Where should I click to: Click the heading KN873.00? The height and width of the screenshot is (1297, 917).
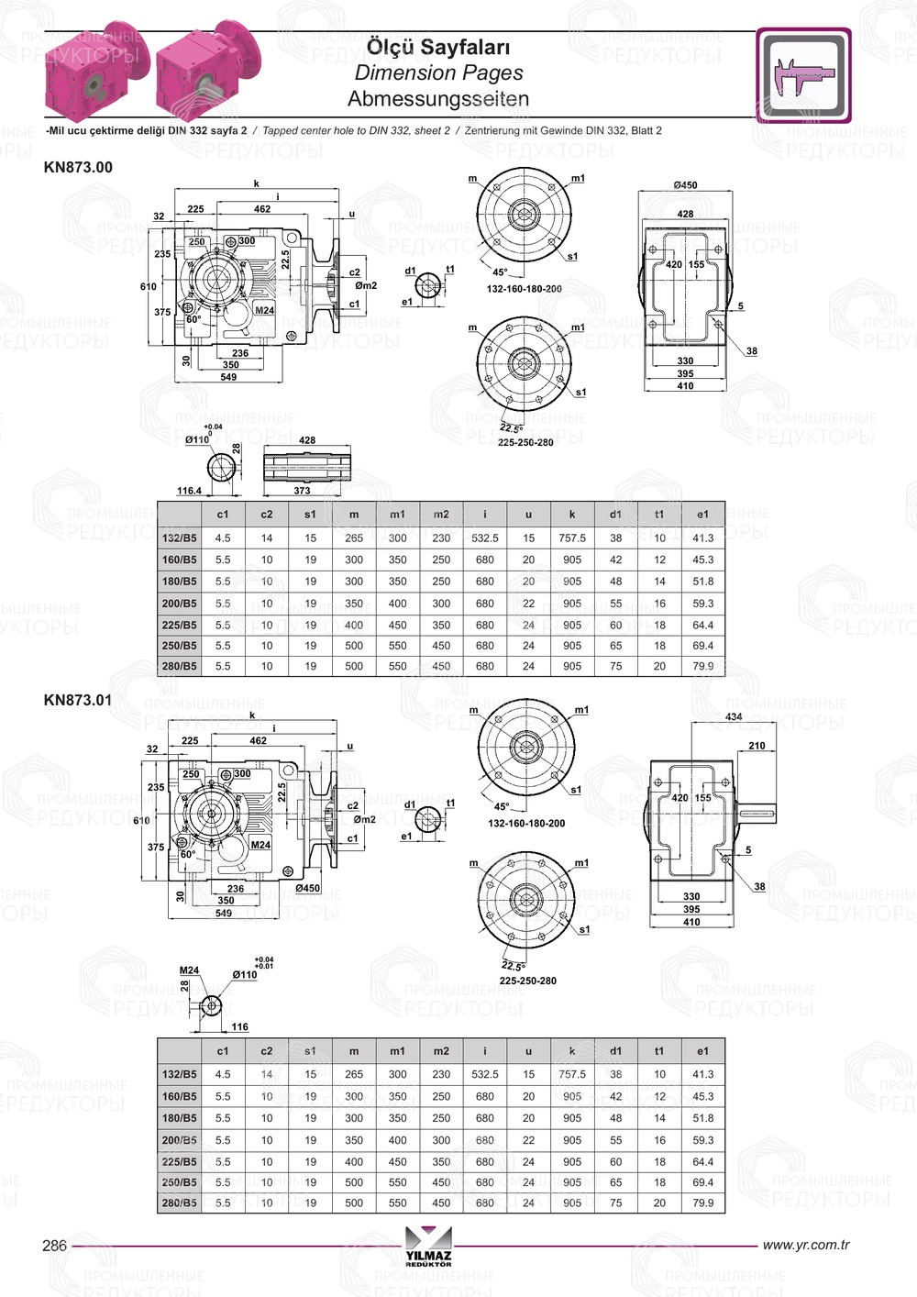tap(78, 167)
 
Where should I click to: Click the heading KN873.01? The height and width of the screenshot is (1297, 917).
tap(78, 700)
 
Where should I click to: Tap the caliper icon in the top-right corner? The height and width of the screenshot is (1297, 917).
tap(803, 75)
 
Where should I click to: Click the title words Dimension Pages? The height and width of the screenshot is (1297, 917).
tap(438, 73)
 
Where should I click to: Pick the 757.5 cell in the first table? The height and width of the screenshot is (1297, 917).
tap(572, 538)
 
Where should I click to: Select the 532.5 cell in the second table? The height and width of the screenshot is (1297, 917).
tap(484, 1074)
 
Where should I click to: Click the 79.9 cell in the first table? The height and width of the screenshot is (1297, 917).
tap(702, 666)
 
